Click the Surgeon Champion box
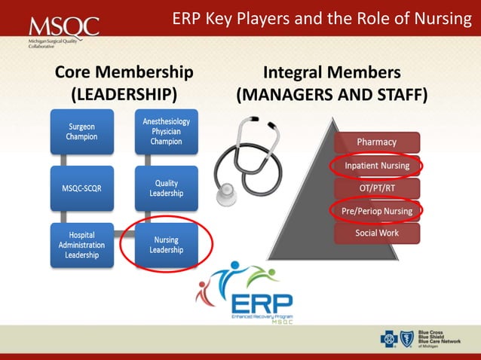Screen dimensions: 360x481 [81, 132]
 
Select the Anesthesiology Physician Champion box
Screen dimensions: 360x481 [166, 132]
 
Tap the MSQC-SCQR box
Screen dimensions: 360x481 [81, 188]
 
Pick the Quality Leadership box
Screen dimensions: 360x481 [166, 188]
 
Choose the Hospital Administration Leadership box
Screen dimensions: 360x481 [81, 245]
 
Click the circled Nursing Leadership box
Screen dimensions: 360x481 [166, 245]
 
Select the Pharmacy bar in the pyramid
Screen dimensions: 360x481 [376, 142]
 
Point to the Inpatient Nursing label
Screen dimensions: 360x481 [376, 165]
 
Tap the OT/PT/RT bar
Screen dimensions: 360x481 [376, 188]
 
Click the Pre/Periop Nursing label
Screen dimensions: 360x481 [377, 211]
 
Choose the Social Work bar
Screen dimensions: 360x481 [376, 233]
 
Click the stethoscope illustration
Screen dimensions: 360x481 [241, 154]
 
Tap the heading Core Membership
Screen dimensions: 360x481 [124, 72]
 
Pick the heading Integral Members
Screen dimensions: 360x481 [332, 72]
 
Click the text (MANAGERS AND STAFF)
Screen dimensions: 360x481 [332, 96]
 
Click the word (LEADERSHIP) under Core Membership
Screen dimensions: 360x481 [124, 95]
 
